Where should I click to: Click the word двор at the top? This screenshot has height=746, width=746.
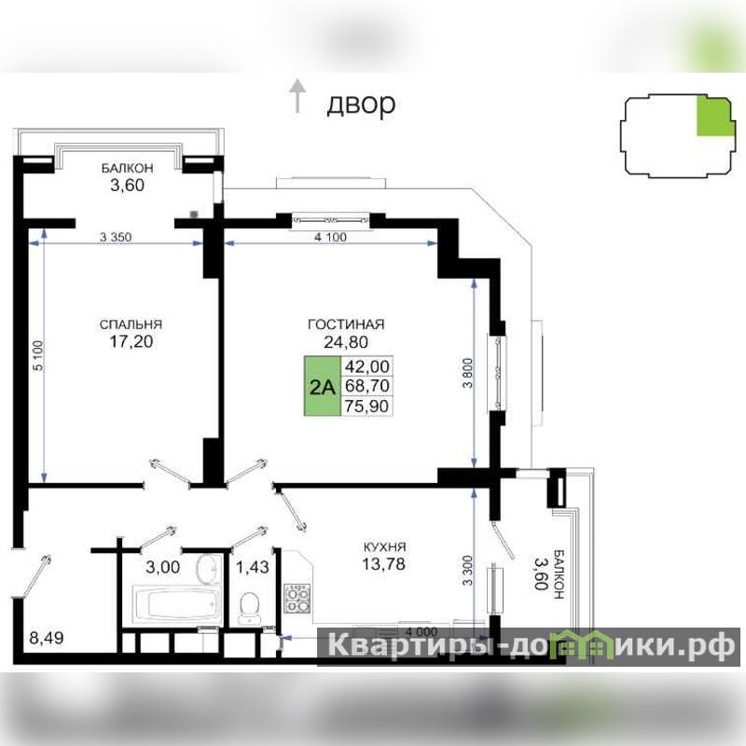click(x=361, y=104)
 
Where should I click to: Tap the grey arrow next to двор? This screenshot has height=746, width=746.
click(x=297, y=96)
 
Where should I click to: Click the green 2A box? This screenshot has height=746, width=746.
click(x=323, y=386)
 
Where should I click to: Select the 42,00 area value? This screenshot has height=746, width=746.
click(x=366, y=366)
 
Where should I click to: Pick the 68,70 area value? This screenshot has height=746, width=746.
click(x=366, y=386)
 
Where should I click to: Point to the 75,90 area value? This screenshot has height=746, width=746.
click(x=366, y=406)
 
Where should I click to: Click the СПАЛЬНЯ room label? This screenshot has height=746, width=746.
click(x=131, y=325)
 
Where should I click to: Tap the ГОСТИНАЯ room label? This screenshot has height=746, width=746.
click(x=346, y=325)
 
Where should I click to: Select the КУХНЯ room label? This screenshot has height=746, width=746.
click(x=384, y=546)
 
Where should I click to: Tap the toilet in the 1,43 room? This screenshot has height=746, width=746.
click(x=250, y=607)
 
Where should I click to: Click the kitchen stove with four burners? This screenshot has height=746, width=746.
click(x=297, y=598)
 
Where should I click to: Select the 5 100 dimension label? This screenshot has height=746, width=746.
click(x=38, y=355)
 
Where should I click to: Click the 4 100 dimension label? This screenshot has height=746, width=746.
click(x=331, y=237)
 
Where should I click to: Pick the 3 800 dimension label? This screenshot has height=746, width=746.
click(x=468, y=373)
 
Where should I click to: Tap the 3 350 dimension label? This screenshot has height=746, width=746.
click(x=116, y=237)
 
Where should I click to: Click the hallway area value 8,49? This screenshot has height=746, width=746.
click(x=47, y=638)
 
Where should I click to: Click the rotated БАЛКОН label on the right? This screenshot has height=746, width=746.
click(x=559, y=573)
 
